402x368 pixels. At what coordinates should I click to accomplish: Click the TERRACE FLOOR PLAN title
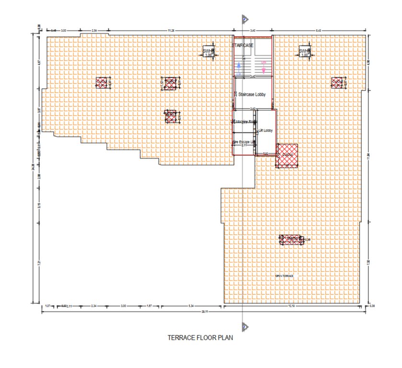click(x=200, y=338)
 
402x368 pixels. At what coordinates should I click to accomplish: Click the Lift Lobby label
click(x=265, y=130)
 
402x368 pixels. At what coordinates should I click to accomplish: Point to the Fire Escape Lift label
click(x=244, y=143)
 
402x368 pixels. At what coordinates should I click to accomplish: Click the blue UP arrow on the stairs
click(x=238, y=69)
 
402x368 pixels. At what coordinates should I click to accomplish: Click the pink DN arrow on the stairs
click(x=263, y=67)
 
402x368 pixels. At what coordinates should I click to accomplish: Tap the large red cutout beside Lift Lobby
click(x=287, y=156)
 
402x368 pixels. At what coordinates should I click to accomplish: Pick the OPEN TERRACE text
click(x=284, y=276)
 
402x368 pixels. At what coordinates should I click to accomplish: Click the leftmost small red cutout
click(x=101, y=82)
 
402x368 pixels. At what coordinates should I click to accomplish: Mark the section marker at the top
click(x=244, y=19)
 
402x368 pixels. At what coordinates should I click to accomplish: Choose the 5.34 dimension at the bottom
click(x=191, y=305)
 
